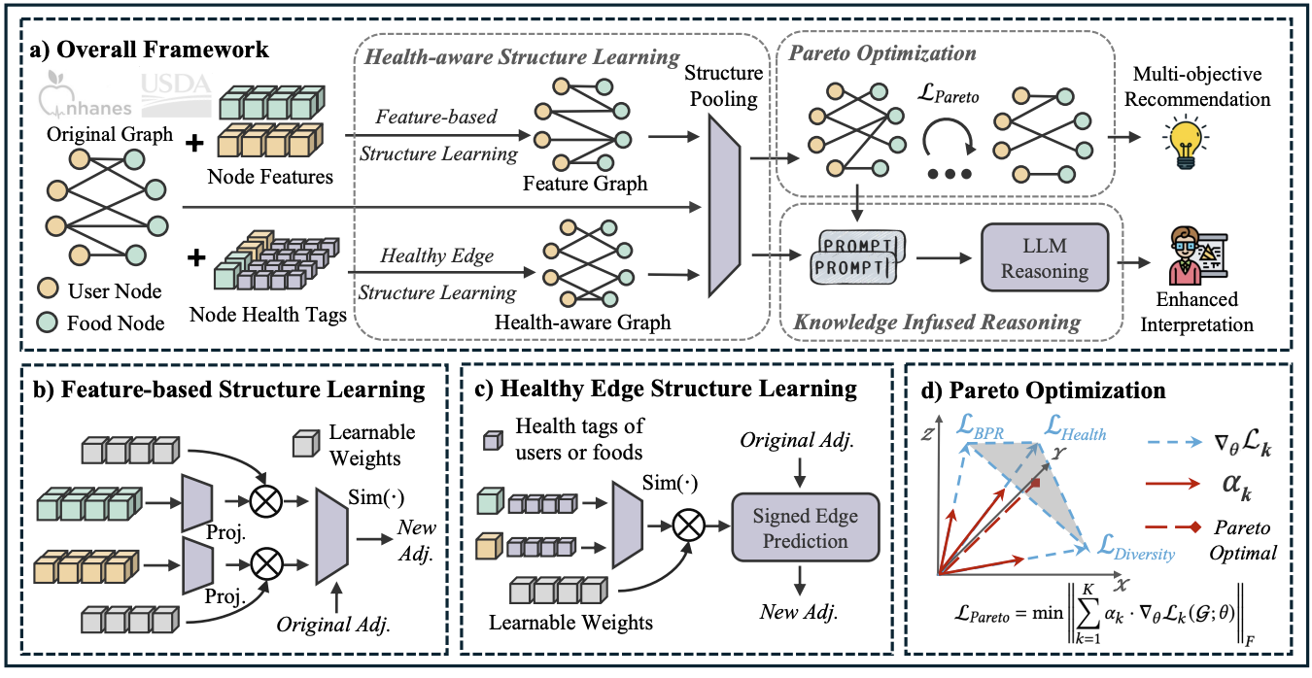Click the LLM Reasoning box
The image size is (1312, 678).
point(1045,257)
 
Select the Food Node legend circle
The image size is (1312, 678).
point(49,322)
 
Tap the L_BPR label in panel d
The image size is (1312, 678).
point(983,424)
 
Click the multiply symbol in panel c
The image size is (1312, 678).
point(687,526)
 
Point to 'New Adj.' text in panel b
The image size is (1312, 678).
point(418,541)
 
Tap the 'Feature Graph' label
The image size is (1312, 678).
point(585,184)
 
